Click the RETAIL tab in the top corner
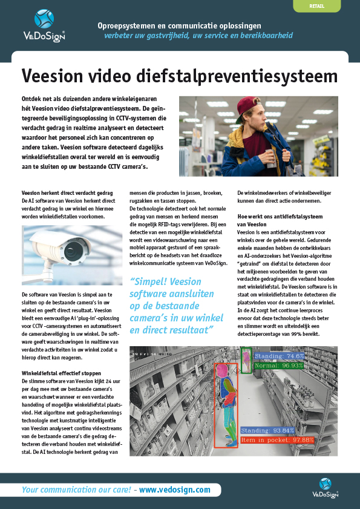(x=315, y=5)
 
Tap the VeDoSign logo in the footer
(x=325, y=487)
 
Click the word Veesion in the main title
(x=53, y=76)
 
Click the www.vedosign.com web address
(x=175, y=490)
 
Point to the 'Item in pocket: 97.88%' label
(x=277, y=439)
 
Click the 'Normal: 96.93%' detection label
(x=279, y=366)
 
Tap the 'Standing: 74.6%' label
(x=279, y=356)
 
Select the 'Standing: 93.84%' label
(x=267, y=430)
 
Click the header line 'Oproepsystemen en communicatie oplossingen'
(x=179, y=26)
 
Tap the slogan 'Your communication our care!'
(x=77, y=490)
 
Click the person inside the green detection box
(x=246, y=360)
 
